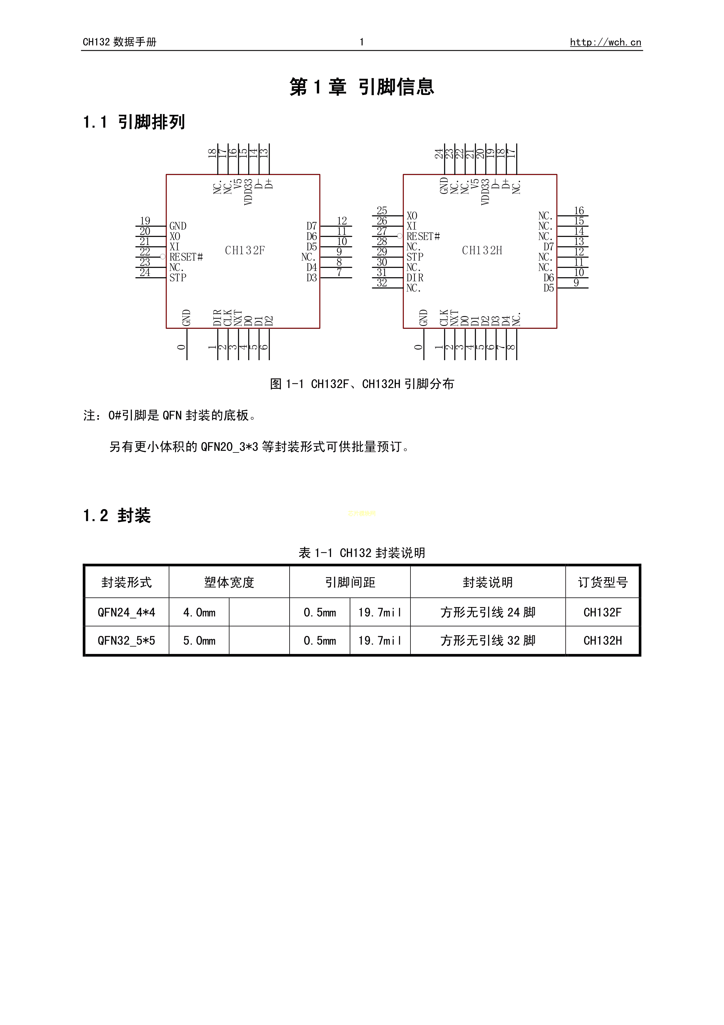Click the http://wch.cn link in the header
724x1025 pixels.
tap(605, 42)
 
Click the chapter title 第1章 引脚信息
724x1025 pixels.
tap(361, 86)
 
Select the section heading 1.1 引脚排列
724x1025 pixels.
tap(134, 122)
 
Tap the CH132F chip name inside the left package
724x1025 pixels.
tap(245, 250)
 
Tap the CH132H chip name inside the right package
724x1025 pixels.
tap(482, 250)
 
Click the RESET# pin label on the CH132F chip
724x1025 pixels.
tap(186, 257)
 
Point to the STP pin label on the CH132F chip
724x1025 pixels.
tap(177, 278)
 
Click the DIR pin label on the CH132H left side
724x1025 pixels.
tap(415, 278)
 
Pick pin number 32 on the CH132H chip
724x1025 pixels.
tap(382, 282)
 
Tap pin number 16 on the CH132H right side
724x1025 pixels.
tap(579, 211)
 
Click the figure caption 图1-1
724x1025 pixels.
tap(362, 384)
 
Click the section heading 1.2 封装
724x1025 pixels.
tap(117, 516)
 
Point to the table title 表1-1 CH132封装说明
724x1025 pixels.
tap(362, 553)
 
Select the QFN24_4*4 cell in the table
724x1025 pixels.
tap(126, 613)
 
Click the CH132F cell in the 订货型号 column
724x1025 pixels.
tap(602, 613)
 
